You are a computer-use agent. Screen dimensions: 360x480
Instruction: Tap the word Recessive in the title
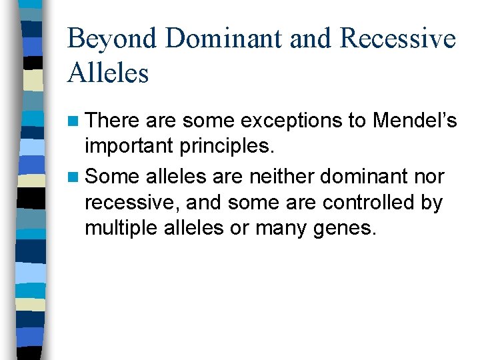pyautogui.click(x=398, y=39)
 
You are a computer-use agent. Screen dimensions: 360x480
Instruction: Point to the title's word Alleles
pyautogui.click(x=108, y=73)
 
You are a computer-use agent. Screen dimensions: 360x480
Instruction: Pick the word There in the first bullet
pyautogui.click(x=113, y=121)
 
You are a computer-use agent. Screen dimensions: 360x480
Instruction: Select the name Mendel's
pyautogui.click(x=415, y=121)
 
